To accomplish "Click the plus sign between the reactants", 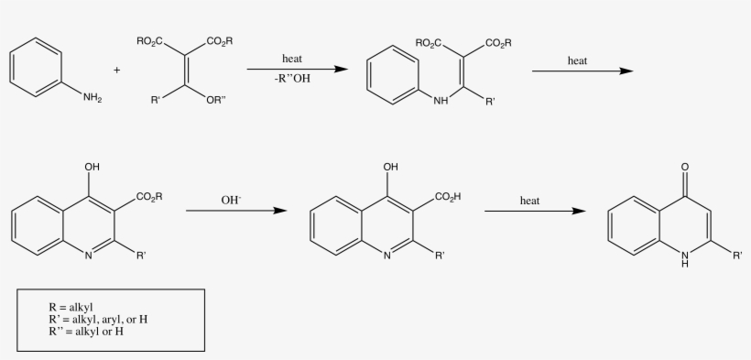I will tap(116, 70).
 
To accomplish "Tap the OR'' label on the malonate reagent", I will tap(216, 101).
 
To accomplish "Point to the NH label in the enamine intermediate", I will tap(442, 101).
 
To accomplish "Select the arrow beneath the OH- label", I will tap(235, 212).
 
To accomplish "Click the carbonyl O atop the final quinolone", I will tap(686, 168).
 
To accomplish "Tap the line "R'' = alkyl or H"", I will tap(88, 331).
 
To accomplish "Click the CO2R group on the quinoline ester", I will tap(149, 197).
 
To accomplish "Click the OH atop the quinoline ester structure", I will tap(92, 168).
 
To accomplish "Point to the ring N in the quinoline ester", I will tap(90, 256).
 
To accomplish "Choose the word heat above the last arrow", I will tap(530, 199).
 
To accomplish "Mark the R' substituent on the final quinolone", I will tap(737, 256).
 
